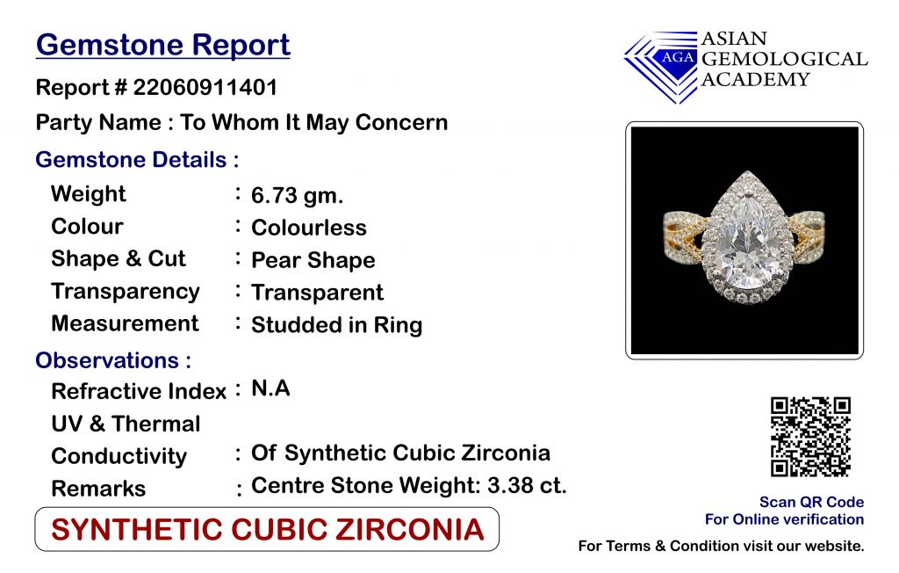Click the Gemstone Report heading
click(x=162, y=46)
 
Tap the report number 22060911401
click(x=205, y=88)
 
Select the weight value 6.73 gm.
click(x=297, y=195)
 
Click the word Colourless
click(x=308, y=228)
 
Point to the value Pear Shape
click(x=313, y=261)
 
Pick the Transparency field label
click(x=125, y=292)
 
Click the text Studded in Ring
click(x=336, y=325)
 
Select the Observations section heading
click(x=113, y=360)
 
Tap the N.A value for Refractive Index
click(x=270, y=388)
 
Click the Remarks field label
click(x=98, y=489)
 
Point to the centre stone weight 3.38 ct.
click(x=527, y=486)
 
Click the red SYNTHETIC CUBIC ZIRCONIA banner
click(x=267, y=529)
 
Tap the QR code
click(x=810, y=437)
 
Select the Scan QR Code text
click(x=811, y=502)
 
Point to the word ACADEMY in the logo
click(x=755, y=79)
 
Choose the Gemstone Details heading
click(x=137, y=160)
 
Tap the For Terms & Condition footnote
click(x=721, y=546)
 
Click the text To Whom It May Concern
click(x=313, y=123)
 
